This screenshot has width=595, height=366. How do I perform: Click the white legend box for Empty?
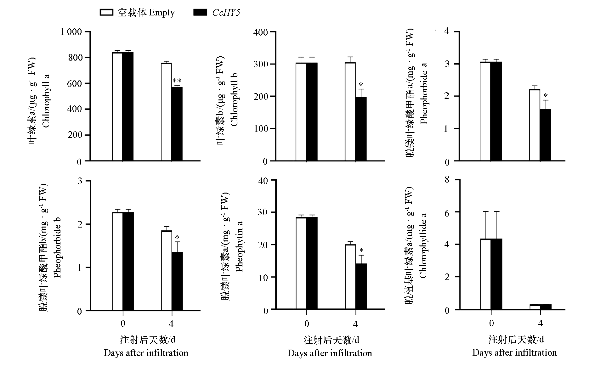106,13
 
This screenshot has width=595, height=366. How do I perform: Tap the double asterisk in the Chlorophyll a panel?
177,81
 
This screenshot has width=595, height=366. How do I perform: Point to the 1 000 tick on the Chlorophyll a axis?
71,32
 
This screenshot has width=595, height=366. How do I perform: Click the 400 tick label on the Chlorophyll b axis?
260,32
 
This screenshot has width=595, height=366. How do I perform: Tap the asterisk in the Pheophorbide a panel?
546,96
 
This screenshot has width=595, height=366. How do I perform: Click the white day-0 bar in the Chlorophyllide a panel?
485,274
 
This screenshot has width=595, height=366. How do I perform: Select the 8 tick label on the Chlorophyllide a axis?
447,180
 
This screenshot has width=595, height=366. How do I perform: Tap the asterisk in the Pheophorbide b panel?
177,237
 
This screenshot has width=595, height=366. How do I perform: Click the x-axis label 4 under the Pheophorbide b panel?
171,324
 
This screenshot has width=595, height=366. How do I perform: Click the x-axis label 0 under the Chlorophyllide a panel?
491,323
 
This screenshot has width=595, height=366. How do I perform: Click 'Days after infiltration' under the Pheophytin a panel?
330,353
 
